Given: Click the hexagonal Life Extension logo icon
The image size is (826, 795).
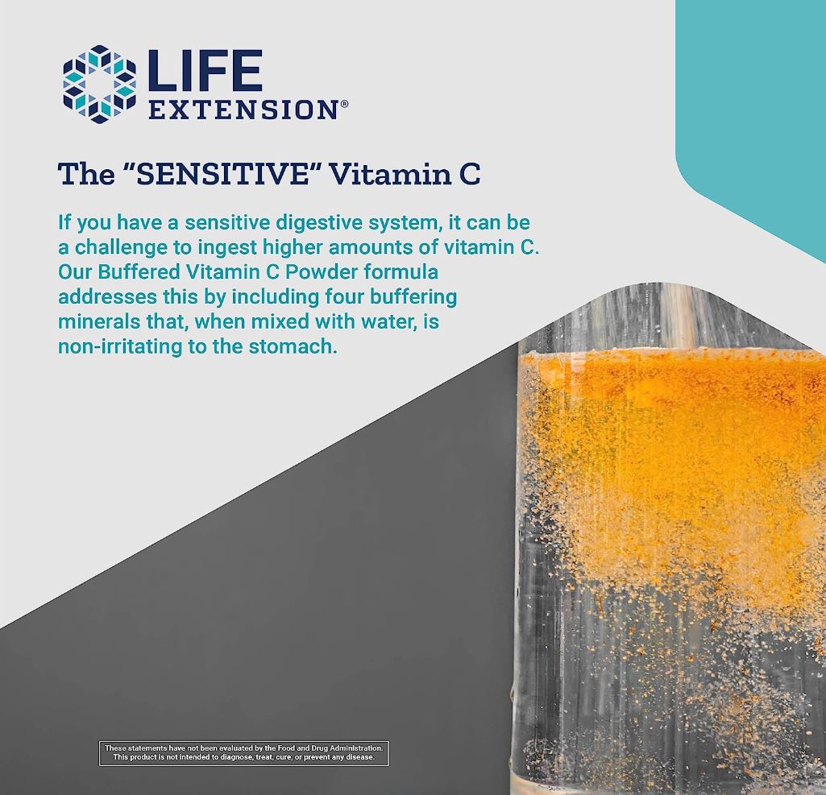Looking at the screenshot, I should click(100, 85).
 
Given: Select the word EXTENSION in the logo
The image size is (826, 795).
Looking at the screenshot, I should click(243, 110).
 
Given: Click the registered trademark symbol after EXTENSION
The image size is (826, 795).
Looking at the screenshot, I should click(345, 105).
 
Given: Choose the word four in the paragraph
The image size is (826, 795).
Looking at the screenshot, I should click(345, 296).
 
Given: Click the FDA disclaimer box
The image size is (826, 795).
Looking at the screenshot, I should click(244, 752).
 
